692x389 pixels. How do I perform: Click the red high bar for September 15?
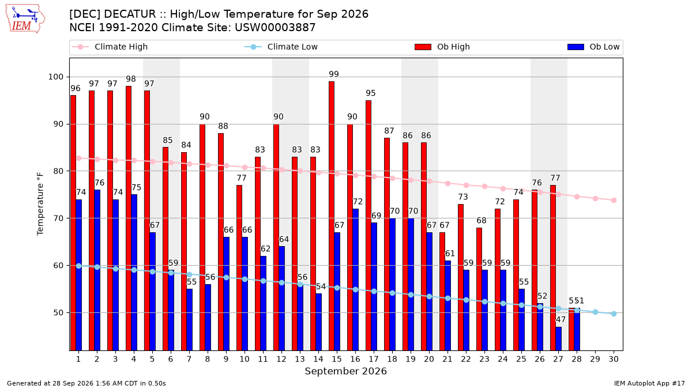(x=332, y=216)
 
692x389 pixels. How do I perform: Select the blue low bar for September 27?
(x=559, y=339)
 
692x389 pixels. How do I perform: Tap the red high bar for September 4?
(x=129, y=218)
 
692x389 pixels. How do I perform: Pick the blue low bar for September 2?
(x=97, y=270)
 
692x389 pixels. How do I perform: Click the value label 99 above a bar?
(x=334, y=74)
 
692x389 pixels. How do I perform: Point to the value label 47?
(x=561, y=319)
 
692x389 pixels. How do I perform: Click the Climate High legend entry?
(x=110, y=47)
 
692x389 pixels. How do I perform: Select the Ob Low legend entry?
(x=593, y=47)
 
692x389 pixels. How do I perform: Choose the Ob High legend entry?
(x=442, y=47)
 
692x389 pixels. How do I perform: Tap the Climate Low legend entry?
(x=281, y=47)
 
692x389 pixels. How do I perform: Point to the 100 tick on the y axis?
(x=55, y=77)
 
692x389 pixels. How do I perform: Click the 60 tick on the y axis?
(x=58, y=266)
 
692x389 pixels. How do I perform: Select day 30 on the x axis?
(x=614, y=359)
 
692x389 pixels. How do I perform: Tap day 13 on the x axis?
(x=300, y=359)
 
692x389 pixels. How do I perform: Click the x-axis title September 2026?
(x=345, y=371)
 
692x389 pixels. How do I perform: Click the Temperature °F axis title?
(x=40, y=204)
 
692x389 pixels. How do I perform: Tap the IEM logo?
(x=25, y=19)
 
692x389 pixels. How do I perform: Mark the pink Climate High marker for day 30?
(x=614, y=201)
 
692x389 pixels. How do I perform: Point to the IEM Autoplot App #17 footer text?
(x=649, y=383)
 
